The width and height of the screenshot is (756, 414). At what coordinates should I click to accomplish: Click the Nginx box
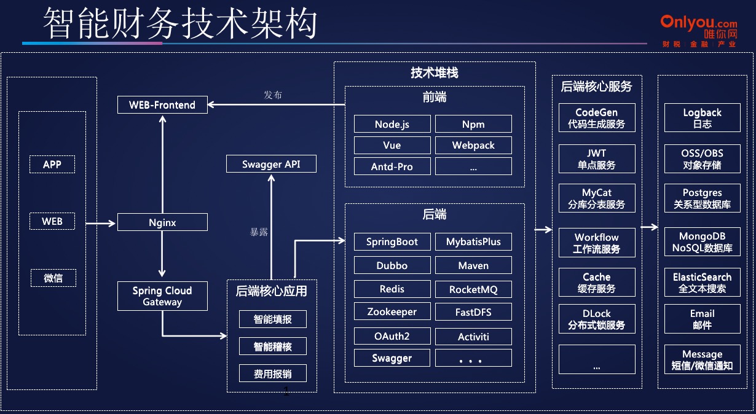pos(162,222)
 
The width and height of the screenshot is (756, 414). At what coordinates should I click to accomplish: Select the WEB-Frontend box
pos(162,105)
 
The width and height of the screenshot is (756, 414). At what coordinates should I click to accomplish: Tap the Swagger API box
pos(271,164)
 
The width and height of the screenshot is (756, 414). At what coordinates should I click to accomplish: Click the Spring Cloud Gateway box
pos(162,296)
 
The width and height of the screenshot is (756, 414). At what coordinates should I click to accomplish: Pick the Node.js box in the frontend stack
pos(392,124)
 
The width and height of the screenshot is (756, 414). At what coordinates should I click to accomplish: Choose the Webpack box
pos(473,146)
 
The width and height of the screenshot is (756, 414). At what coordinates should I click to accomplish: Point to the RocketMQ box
pos(473,289)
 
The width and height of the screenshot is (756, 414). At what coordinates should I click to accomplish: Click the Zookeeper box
pos(392,312)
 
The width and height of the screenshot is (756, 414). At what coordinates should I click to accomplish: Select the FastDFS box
pos(473,312)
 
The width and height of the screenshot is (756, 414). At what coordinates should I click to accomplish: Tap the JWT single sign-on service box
pos(596,159)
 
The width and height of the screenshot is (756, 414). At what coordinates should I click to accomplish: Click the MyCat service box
pos(596,198)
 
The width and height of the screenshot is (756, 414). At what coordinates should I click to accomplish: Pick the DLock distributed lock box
pos(596,319)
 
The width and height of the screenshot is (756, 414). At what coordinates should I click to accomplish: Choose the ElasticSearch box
pos(702,283)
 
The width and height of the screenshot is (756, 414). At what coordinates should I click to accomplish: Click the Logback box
pos(702,118)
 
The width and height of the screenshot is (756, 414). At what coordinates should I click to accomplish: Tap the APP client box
pos(52,165)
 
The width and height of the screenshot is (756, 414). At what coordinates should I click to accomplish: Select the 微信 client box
pos(53,278)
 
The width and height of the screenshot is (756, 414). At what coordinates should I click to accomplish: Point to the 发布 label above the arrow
pos(273,95)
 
